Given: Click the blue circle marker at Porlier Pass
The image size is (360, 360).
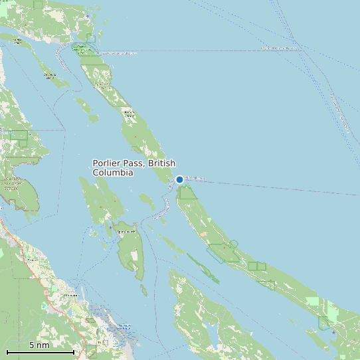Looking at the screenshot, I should pyautogui.click(x=179, y=179).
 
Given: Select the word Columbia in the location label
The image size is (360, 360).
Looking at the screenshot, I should pyautogui.click(x=113, y=172).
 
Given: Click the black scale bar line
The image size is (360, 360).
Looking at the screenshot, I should pyautogui.click(x=40, y=352).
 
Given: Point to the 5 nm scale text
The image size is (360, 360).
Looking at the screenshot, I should pyautogui.click(x=39, y=345).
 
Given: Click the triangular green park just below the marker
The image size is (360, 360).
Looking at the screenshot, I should pyautogui.click(x=187, y=193).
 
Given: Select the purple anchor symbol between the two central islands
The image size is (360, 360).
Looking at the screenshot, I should pyautogui.click(x=110, y=227).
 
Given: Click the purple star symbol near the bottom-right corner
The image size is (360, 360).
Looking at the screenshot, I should pyautogui.click(x=333, y=332).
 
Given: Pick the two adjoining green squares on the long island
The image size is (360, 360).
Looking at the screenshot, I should pyautogui.click(x=257, y=266).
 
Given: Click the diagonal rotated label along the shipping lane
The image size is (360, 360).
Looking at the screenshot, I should pyautogui.click(x=339, y=110).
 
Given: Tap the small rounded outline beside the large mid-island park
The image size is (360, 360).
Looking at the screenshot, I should pyautogui.click(x=233, y=244).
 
